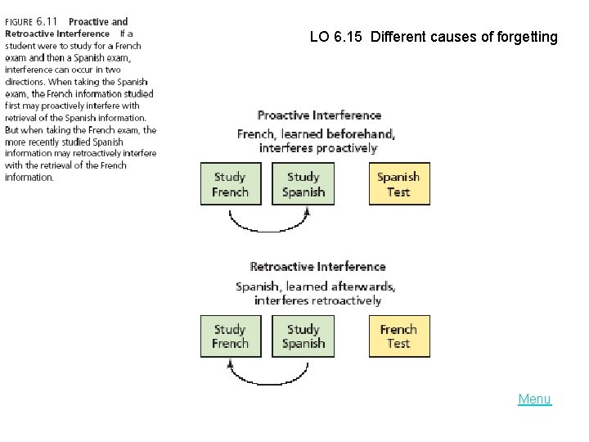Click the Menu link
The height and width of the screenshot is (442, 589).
coord(534,399)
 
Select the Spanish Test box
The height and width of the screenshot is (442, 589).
coord(398,184)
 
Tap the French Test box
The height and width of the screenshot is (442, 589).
coord(398,336)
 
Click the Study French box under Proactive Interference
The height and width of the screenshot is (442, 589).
coord(230,184)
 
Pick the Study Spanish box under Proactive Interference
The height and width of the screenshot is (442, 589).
coord(303,184)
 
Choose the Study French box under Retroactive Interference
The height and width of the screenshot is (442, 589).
coord(230,336)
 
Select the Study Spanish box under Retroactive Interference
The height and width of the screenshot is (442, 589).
coord(303,336)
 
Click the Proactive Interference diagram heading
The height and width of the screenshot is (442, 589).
coord(319,115)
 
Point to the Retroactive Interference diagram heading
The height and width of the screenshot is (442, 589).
coord(317,267)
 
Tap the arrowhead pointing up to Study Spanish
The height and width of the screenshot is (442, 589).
coord(307,211)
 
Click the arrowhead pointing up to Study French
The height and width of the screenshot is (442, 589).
coord(230,363)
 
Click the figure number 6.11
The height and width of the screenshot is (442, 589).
coord(47,21)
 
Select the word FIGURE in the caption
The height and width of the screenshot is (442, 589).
coord(18,22)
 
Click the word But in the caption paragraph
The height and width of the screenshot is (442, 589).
coord(12,130)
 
